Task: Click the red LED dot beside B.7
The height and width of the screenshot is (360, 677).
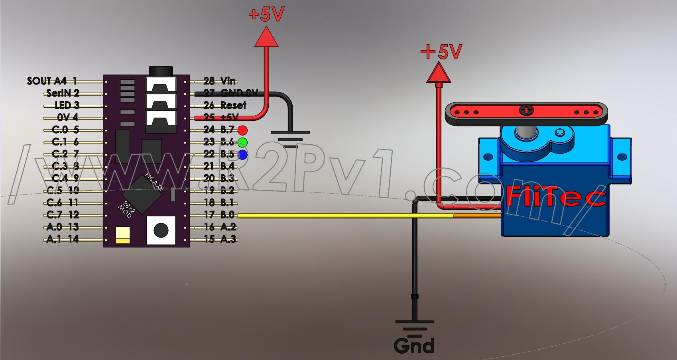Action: pyautogui.click(x=242, y=130)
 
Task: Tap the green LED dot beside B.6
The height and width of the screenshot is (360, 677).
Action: pyautogui.click(x=242, y=142)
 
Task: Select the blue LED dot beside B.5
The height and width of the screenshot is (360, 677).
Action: pyautogui.click(x=242, y=155)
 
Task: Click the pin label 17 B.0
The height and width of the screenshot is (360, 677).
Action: pyautogui.click(x=219, y=215)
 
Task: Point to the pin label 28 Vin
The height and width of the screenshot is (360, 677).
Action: pyautogui.click(x=219, y=81)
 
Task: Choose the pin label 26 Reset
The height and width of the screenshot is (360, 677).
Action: pyautogui.click(x=224, y=105)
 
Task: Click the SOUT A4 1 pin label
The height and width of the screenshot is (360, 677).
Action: pyautogui.click(x=52, y=81)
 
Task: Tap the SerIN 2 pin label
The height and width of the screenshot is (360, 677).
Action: pyautogui.click(x=63, y=93)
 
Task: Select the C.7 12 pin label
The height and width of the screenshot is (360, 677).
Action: pyautogui.click(x=63, y=215)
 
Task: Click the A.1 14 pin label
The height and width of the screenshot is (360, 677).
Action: pyautogui.click(x=63, y=239)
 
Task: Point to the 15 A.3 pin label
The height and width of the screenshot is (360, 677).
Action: pyautogui.click(x=220, y=239)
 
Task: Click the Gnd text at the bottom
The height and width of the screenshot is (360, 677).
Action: pyautogui.click(x=414, y=345)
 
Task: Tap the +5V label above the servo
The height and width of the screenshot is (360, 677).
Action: pyautogui.click(x=441, y=52)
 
